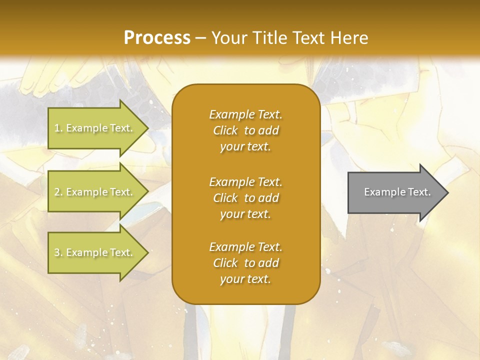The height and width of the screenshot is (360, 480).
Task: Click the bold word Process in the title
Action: point(157,38)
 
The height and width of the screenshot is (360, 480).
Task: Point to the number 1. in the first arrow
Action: point(58,128)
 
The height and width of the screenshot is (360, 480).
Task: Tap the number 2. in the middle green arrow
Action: point(58,192)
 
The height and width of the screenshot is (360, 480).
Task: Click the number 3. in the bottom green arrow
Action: point(58,252)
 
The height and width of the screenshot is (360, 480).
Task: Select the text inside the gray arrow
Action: point(397,192)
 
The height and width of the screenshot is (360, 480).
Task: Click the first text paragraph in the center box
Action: point(245,130)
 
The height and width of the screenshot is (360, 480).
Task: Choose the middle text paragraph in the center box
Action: point(245,198)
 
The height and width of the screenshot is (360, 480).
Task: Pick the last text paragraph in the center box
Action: point(245,263)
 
